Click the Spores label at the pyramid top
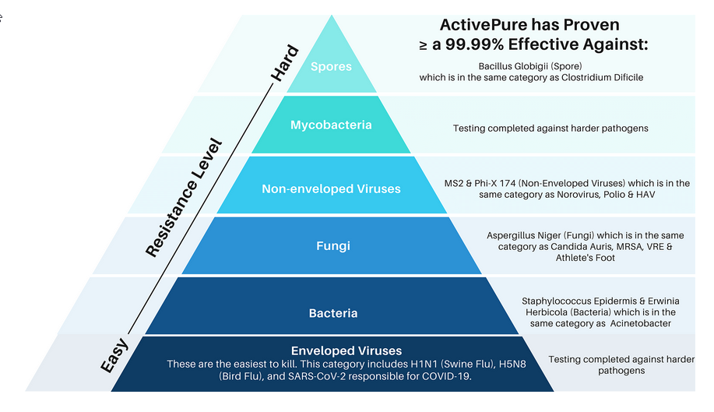coord(331,66)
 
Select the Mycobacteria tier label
coord(331,125)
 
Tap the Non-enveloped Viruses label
coord(331,188)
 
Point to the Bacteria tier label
coord(332,313)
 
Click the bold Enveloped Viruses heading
coord(346,351)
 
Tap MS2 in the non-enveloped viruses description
coord(452,183)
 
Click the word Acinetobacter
coord(635,323)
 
